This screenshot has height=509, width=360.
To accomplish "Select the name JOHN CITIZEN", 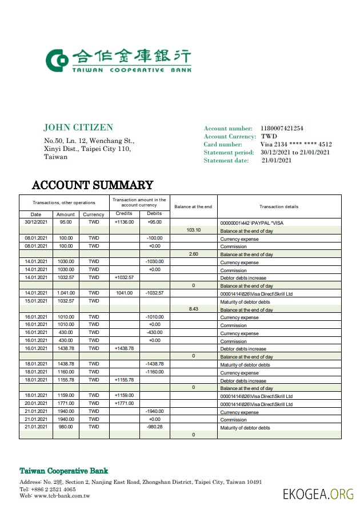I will coord(78,128).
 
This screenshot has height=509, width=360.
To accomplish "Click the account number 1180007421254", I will coord(282,129).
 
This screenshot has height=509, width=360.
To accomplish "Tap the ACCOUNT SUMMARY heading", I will coord(93,185).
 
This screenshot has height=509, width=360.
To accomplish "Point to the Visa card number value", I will coord(296,145).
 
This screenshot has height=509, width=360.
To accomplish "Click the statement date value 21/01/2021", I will coord(277,161).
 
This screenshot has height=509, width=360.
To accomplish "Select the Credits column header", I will coord(124,214).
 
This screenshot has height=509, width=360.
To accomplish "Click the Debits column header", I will coord(154,214).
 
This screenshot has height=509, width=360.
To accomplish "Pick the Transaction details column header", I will coord(279,206).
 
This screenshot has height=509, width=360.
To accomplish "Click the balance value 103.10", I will coord(194,230).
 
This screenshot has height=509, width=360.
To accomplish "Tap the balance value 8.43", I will coord(193,309).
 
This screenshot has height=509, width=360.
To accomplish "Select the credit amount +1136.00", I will coord(124,222).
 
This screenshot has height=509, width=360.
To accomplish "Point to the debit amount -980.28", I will coord(154,427).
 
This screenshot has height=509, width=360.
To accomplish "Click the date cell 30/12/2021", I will coord(36,222).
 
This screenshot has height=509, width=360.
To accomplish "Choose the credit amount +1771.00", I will coord(124,403).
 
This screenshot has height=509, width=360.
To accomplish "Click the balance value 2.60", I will coord(194,254).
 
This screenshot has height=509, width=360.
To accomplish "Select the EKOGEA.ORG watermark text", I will coord(318,494).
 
